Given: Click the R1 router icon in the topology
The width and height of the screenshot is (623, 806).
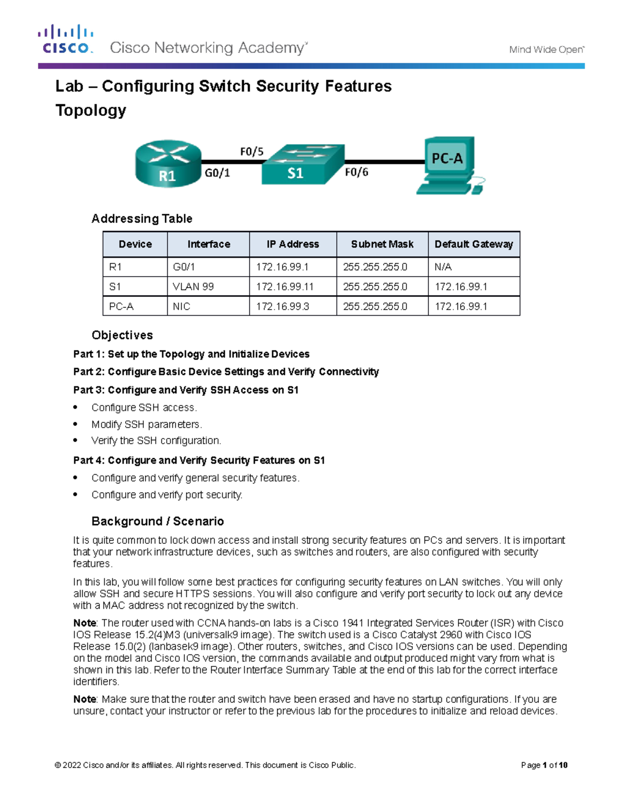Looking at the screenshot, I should (168, 163).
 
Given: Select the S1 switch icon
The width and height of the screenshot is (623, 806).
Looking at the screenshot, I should (303, 165).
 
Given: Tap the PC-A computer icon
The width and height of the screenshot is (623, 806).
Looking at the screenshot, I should (450, 166).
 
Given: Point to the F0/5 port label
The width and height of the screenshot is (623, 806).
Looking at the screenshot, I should (252, 152).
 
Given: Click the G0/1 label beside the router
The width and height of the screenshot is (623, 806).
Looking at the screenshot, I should (217, 173).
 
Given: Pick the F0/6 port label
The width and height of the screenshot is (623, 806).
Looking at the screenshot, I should (357, 172).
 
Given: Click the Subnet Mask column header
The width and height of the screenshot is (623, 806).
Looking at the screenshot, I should (382, 244).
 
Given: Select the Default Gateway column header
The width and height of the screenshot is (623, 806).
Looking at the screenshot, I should (473, 244).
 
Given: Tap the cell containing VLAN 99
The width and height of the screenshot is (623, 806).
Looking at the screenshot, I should (193, 286).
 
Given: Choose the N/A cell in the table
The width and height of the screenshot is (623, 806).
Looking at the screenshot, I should (443, 267).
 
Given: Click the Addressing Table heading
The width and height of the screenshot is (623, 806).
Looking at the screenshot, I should (142, 218).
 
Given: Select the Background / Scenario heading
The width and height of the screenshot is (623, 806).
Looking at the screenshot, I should (157, 521).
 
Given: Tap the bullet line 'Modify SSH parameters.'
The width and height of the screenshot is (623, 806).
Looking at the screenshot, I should (146, 424).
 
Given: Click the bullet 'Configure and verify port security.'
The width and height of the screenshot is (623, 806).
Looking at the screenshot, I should (167, 495).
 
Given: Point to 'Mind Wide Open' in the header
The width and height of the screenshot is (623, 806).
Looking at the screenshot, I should (546, 50).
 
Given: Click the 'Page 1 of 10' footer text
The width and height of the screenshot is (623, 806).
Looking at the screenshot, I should (544, 765).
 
